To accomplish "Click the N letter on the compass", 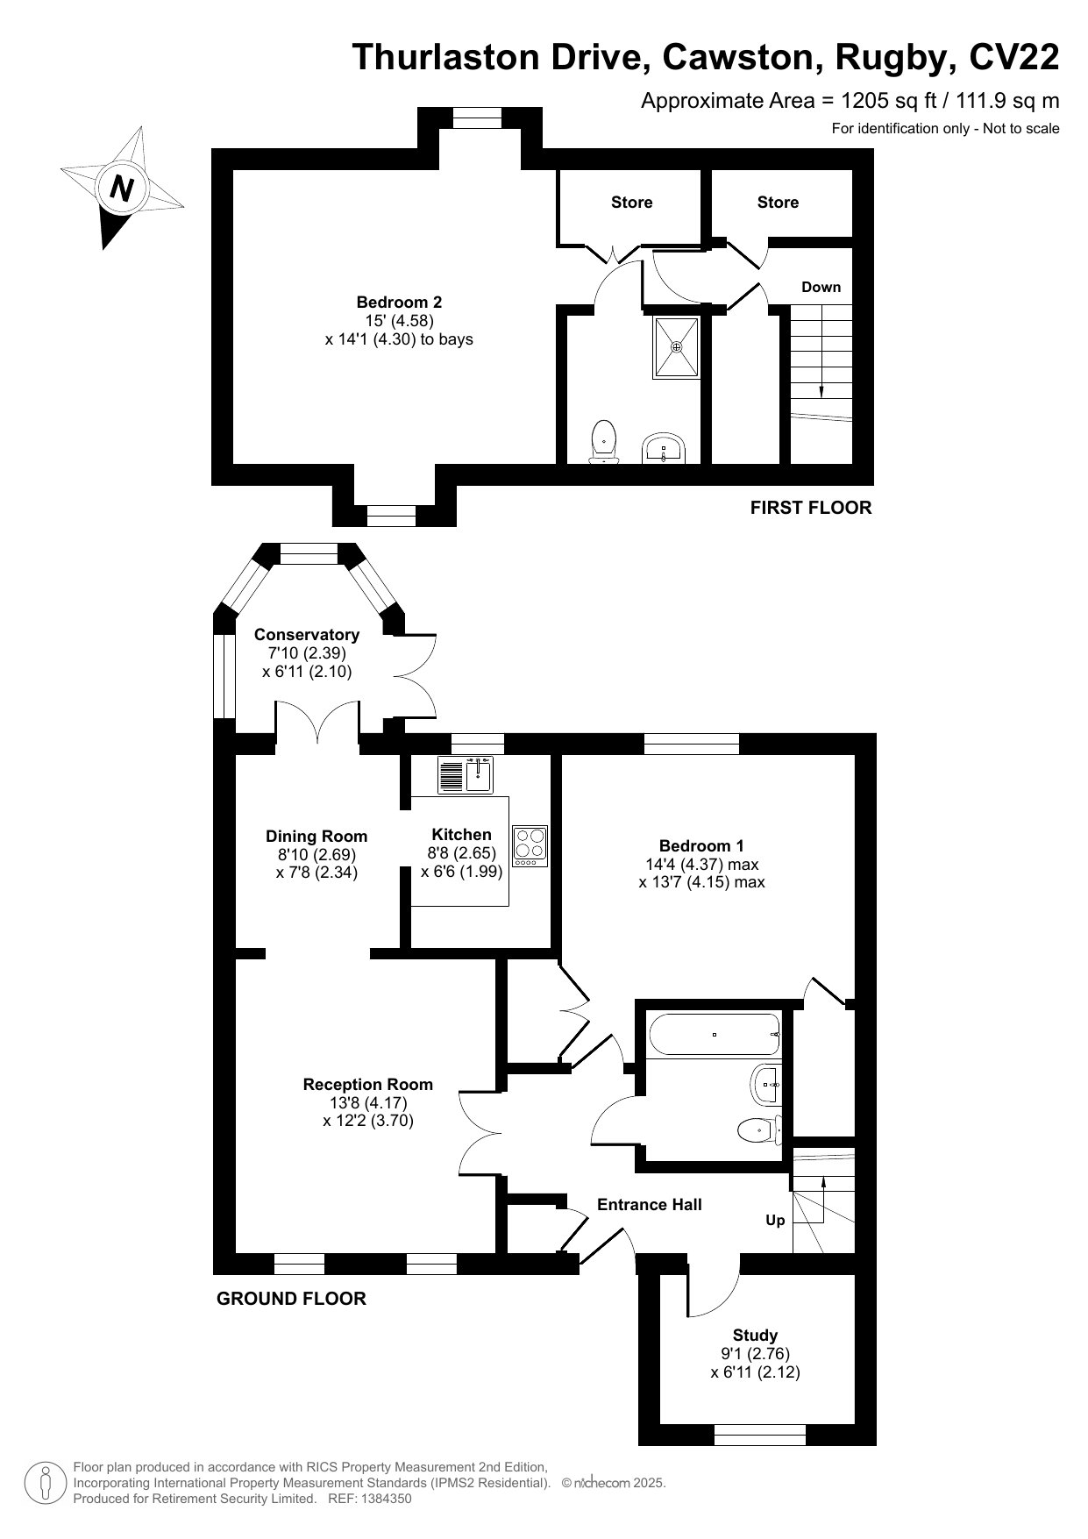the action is [x=122, y=188].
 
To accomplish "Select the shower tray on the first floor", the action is [x=676, y=347].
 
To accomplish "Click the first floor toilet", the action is [x=603, y=442].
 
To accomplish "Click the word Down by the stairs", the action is [x=821, y=287].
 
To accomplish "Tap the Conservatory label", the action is [x=307, y=634].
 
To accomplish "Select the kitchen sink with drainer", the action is [x=466, y=773].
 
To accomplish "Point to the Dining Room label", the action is [x=316, y=836].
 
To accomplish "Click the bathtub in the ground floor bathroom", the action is [x=715, y=1035].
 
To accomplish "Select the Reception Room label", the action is [x=368, y=1085].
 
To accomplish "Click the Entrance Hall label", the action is [x=650, y=1205].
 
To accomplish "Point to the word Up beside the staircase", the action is [x=775, y=1220].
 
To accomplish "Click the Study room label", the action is [x=755, y=1335].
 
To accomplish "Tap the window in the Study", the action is [x=760, y=1435].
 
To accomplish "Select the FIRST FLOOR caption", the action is [x=811, y=508].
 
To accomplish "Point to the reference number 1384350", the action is [x=381, y=1499].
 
